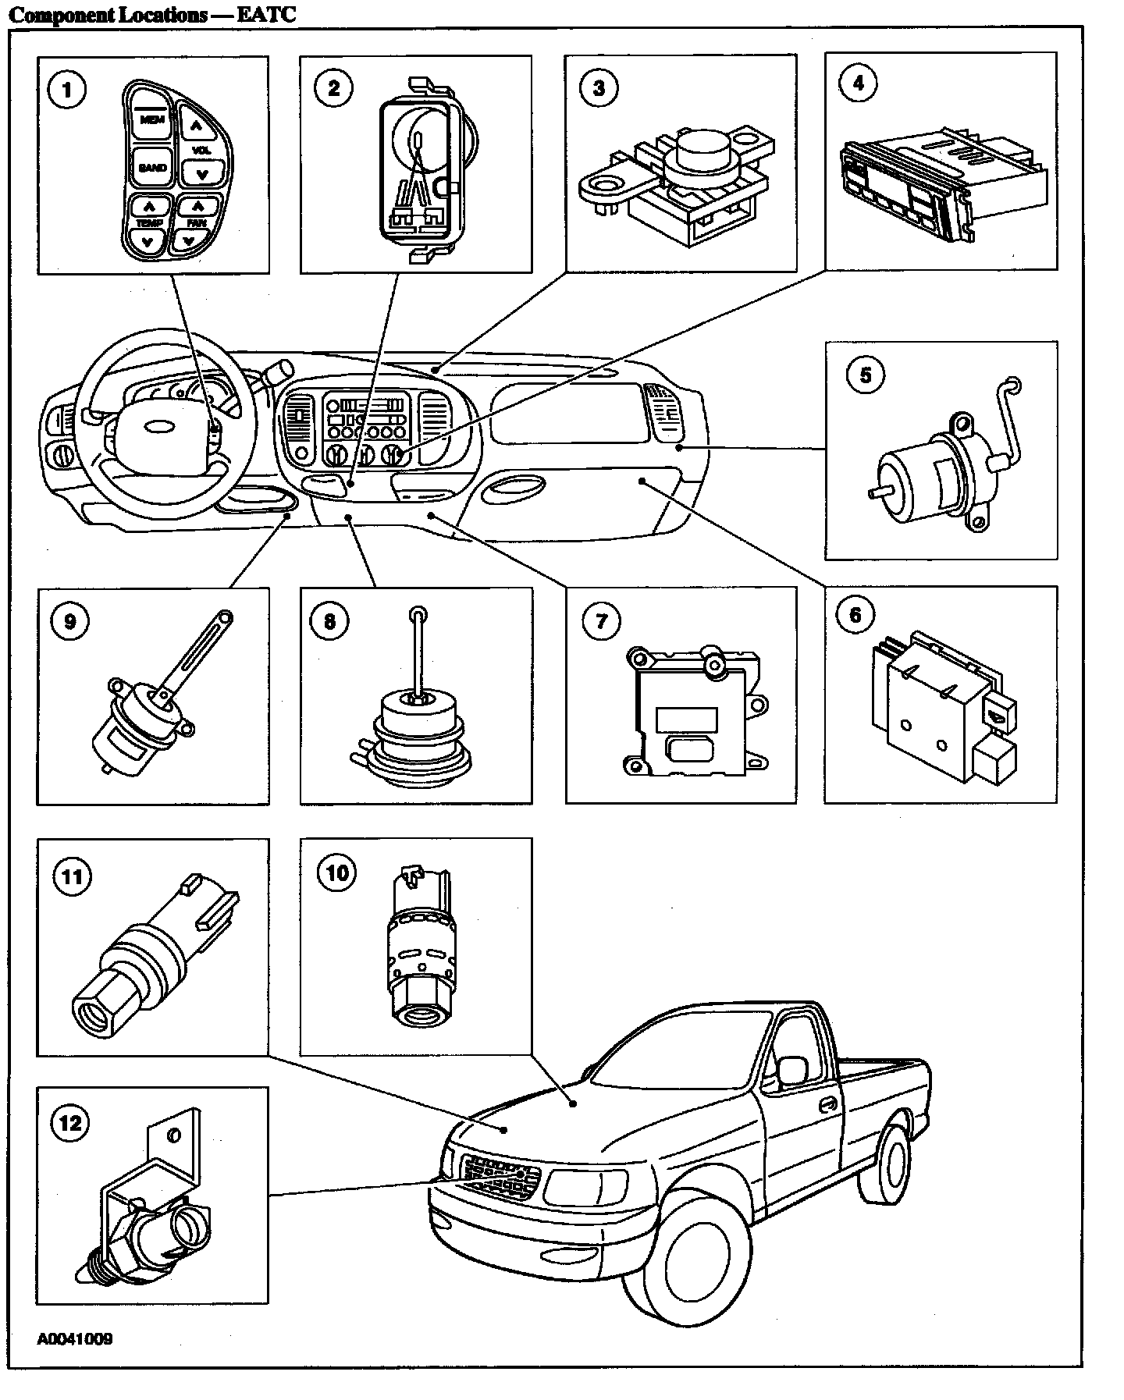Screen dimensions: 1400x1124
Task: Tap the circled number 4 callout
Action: [859, 84]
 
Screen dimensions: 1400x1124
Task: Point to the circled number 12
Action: [69, 1123]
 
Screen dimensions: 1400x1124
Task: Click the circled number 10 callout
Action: [336, 872]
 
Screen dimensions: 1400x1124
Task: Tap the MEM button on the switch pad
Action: [147, 119]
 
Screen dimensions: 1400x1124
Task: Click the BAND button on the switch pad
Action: [152, 167]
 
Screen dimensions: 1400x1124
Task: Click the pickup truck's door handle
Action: [829, 1106]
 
